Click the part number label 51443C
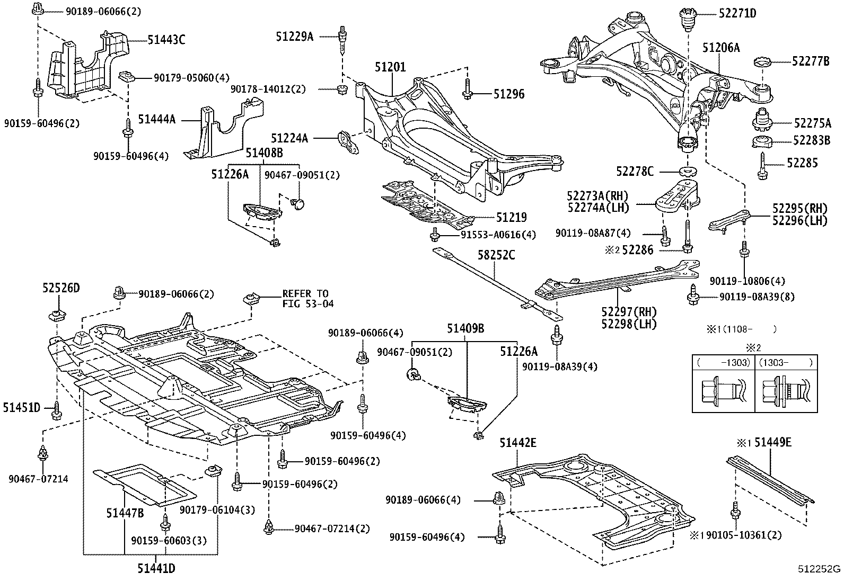166,40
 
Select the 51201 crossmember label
390,67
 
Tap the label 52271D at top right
737,14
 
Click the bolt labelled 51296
467,89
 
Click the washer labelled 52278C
688,172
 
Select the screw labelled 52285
762,166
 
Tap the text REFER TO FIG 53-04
308,299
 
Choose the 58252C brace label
496,255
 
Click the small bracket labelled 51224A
348,142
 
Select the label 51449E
773,443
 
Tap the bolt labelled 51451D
57,410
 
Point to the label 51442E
518,443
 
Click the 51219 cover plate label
511,217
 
